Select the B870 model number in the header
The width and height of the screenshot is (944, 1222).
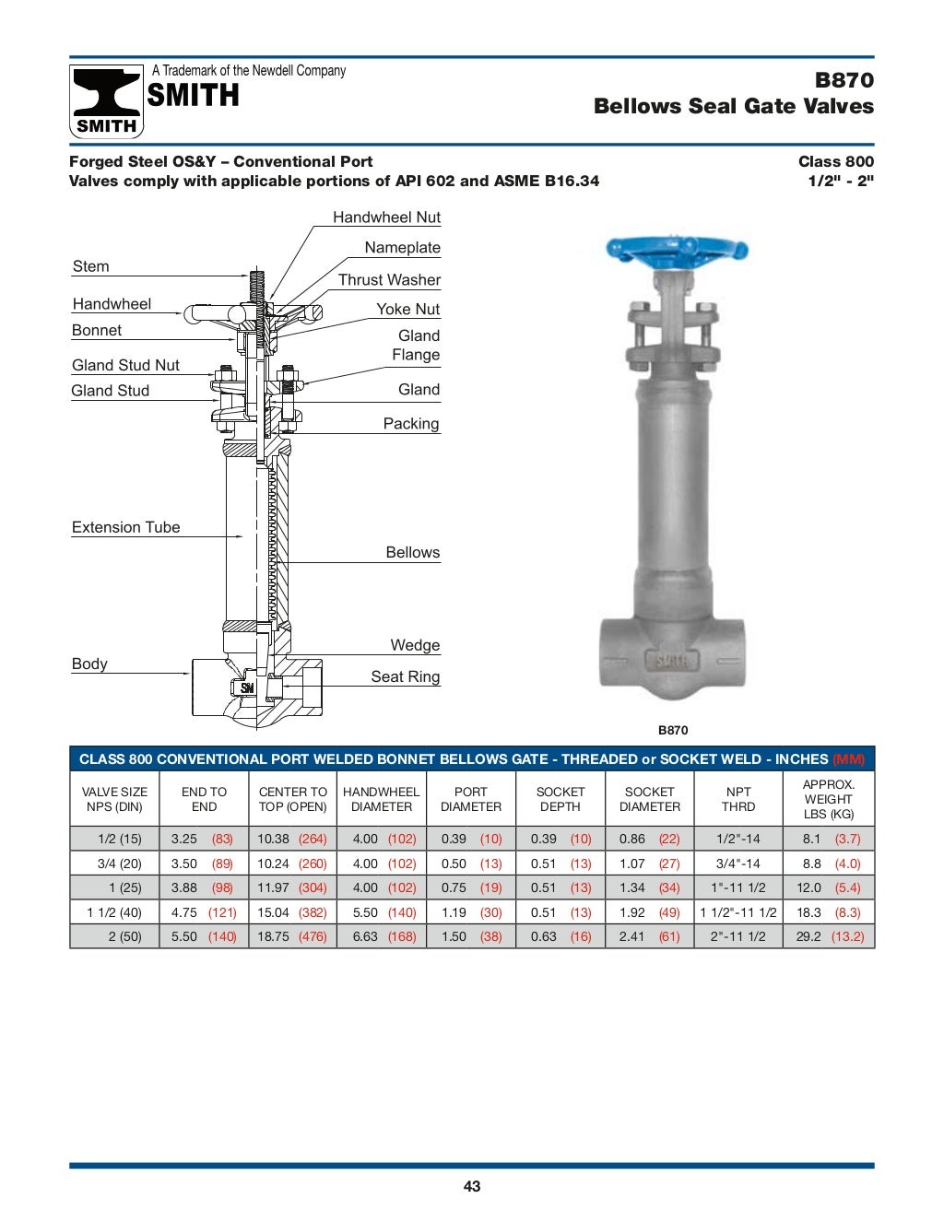click(x=844, y=80)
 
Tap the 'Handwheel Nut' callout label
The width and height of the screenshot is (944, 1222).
click(x=386, y=217)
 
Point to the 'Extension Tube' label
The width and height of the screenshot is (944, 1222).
click(x=126, y=527)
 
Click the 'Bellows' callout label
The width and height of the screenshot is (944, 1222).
click(x=412, y=552)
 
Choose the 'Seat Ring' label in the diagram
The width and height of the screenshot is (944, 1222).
click(x=405, y=676)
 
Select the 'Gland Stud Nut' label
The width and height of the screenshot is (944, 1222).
click(x=126, y=365)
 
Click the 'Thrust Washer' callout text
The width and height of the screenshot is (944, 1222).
click(x=389, y=279)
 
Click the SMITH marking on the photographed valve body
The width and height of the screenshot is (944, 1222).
click(x=671, y=661)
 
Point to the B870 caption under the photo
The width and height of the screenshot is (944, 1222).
click(x=673, y=730)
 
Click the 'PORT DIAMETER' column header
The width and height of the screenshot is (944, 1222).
click(x=471, y=799)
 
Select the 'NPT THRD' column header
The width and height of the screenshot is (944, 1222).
click(x=738, y=799)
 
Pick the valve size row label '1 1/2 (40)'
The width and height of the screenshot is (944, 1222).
click(x=114, y=912)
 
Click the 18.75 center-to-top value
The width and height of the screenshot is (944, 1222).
click(x=273, y=936)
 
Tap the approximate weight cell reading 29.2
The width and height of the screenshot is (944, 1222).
click(x=808, y=936)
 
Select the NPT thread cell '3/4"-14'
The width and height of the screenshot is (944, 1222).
click(x=738, y=864)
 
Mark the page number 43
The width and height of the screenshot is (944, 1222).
click(x=472, y=1186)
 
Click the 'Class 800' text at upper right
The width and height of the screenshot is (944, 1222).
click(x=835, y=161)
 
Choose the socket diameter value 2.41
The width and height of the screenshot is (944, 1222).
click(x=632, y=936)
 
